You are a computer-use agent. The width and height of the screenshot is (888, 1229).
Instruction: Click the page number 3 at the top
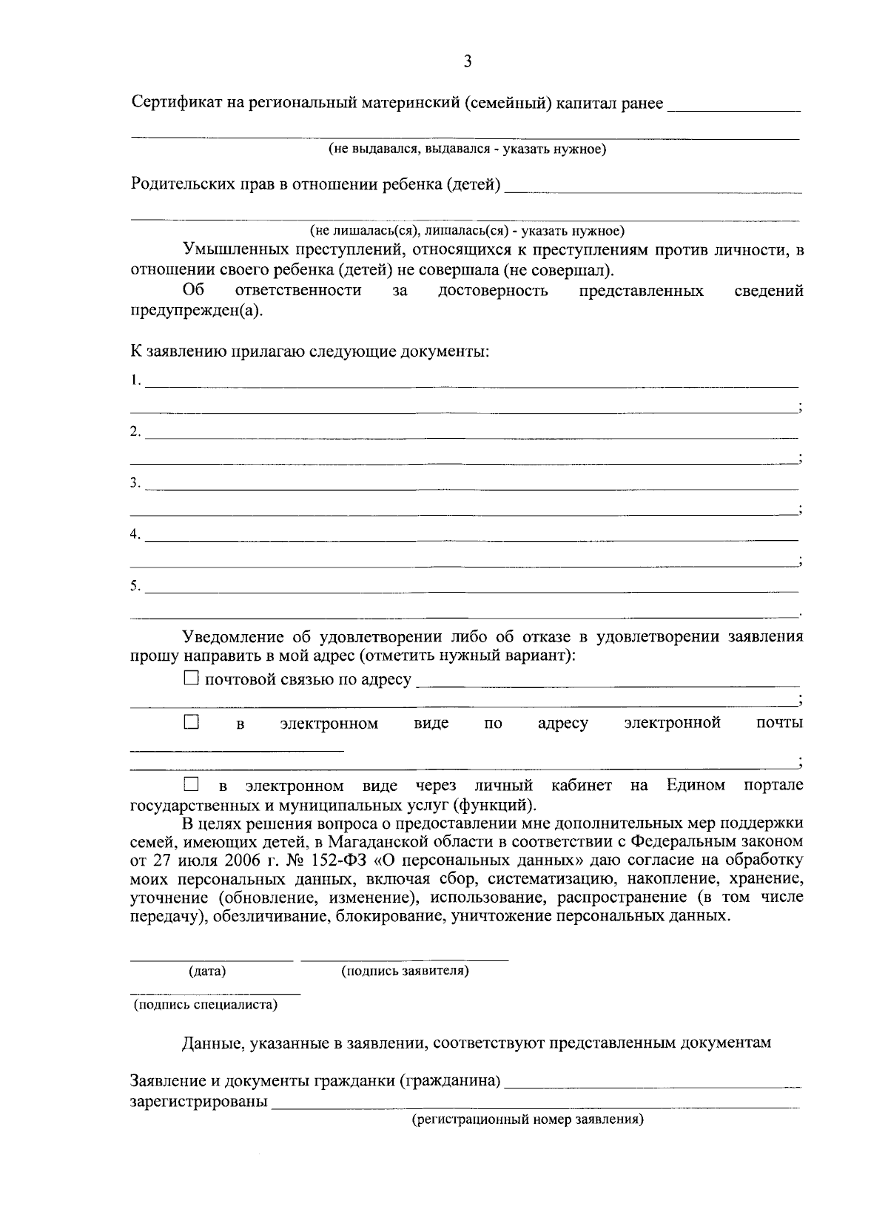(467, 62)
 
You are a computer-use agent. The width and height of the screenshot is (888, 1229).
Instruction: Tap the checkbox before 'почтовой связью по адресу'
(191, 678)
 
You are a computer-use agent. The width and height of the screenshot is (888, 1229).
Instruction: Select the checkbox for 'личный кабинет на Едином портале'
(191, 784)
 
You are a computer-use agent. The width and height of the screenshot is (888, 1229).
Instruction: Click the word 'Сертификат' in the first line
(176, 103)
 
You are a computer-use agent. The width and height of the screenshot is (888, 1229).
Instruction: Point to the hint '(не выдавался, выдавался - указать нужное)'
(468, 150)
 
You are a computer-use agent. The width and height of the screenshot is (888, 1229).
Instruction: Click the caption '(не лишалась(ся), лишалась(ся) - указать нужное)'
(467, 230)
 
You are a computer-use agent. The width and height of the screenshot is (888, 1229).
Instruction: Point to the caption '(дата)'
(208, 971)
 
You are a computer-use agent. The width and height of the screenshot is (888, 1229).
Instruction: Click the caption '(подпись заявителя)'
(404, 970)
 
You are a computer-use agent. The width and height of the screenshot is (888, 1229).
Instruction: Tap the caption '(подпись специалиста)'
(206, 1005)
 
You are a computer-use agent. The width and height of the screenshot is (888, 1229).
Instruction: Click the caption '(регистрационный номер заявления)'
(528, 1120)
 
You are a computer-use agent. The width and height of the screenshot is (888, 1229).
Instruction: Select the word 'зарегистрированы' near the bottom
(198, 1102)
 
